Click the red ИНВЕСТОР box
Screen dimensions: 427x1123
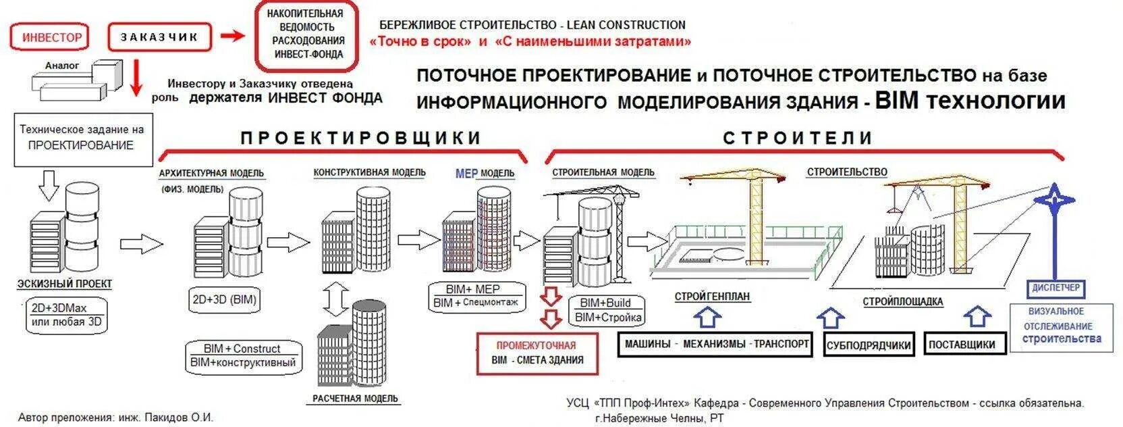coord(51,37)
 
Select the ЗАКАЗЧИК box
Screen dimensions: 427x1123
coord(160,37)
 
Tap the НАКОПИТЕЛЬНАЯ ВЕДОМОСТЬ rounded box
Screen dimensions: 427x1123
coord(305,34)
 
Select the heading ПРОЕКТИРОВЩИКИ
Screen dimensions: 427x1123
coord(361,138)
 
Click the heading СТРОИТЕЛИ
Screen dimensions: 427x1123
coord(798,138)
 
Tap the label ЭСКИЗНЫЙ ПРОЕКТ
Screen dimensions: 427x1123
coord(65,284)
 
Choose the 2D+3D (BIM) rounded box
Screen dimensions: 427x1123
coord(224,299)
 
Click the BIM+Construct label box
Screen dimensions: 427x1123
coord(243,355)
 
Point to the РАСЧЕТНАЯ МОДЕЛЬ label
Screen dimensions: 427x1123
coord(355,398)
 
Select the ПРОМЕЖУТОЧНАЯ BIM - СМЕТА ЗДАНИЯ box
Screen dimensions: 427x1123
coord(537,353)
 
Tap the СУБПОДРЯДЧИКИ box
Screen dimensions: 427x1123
coord(869,345)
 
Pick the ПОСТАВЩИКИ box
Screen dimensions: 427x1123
coord(962,345)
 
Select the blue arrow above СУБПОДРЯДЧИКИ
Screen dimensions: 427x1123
coord(831,318)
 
